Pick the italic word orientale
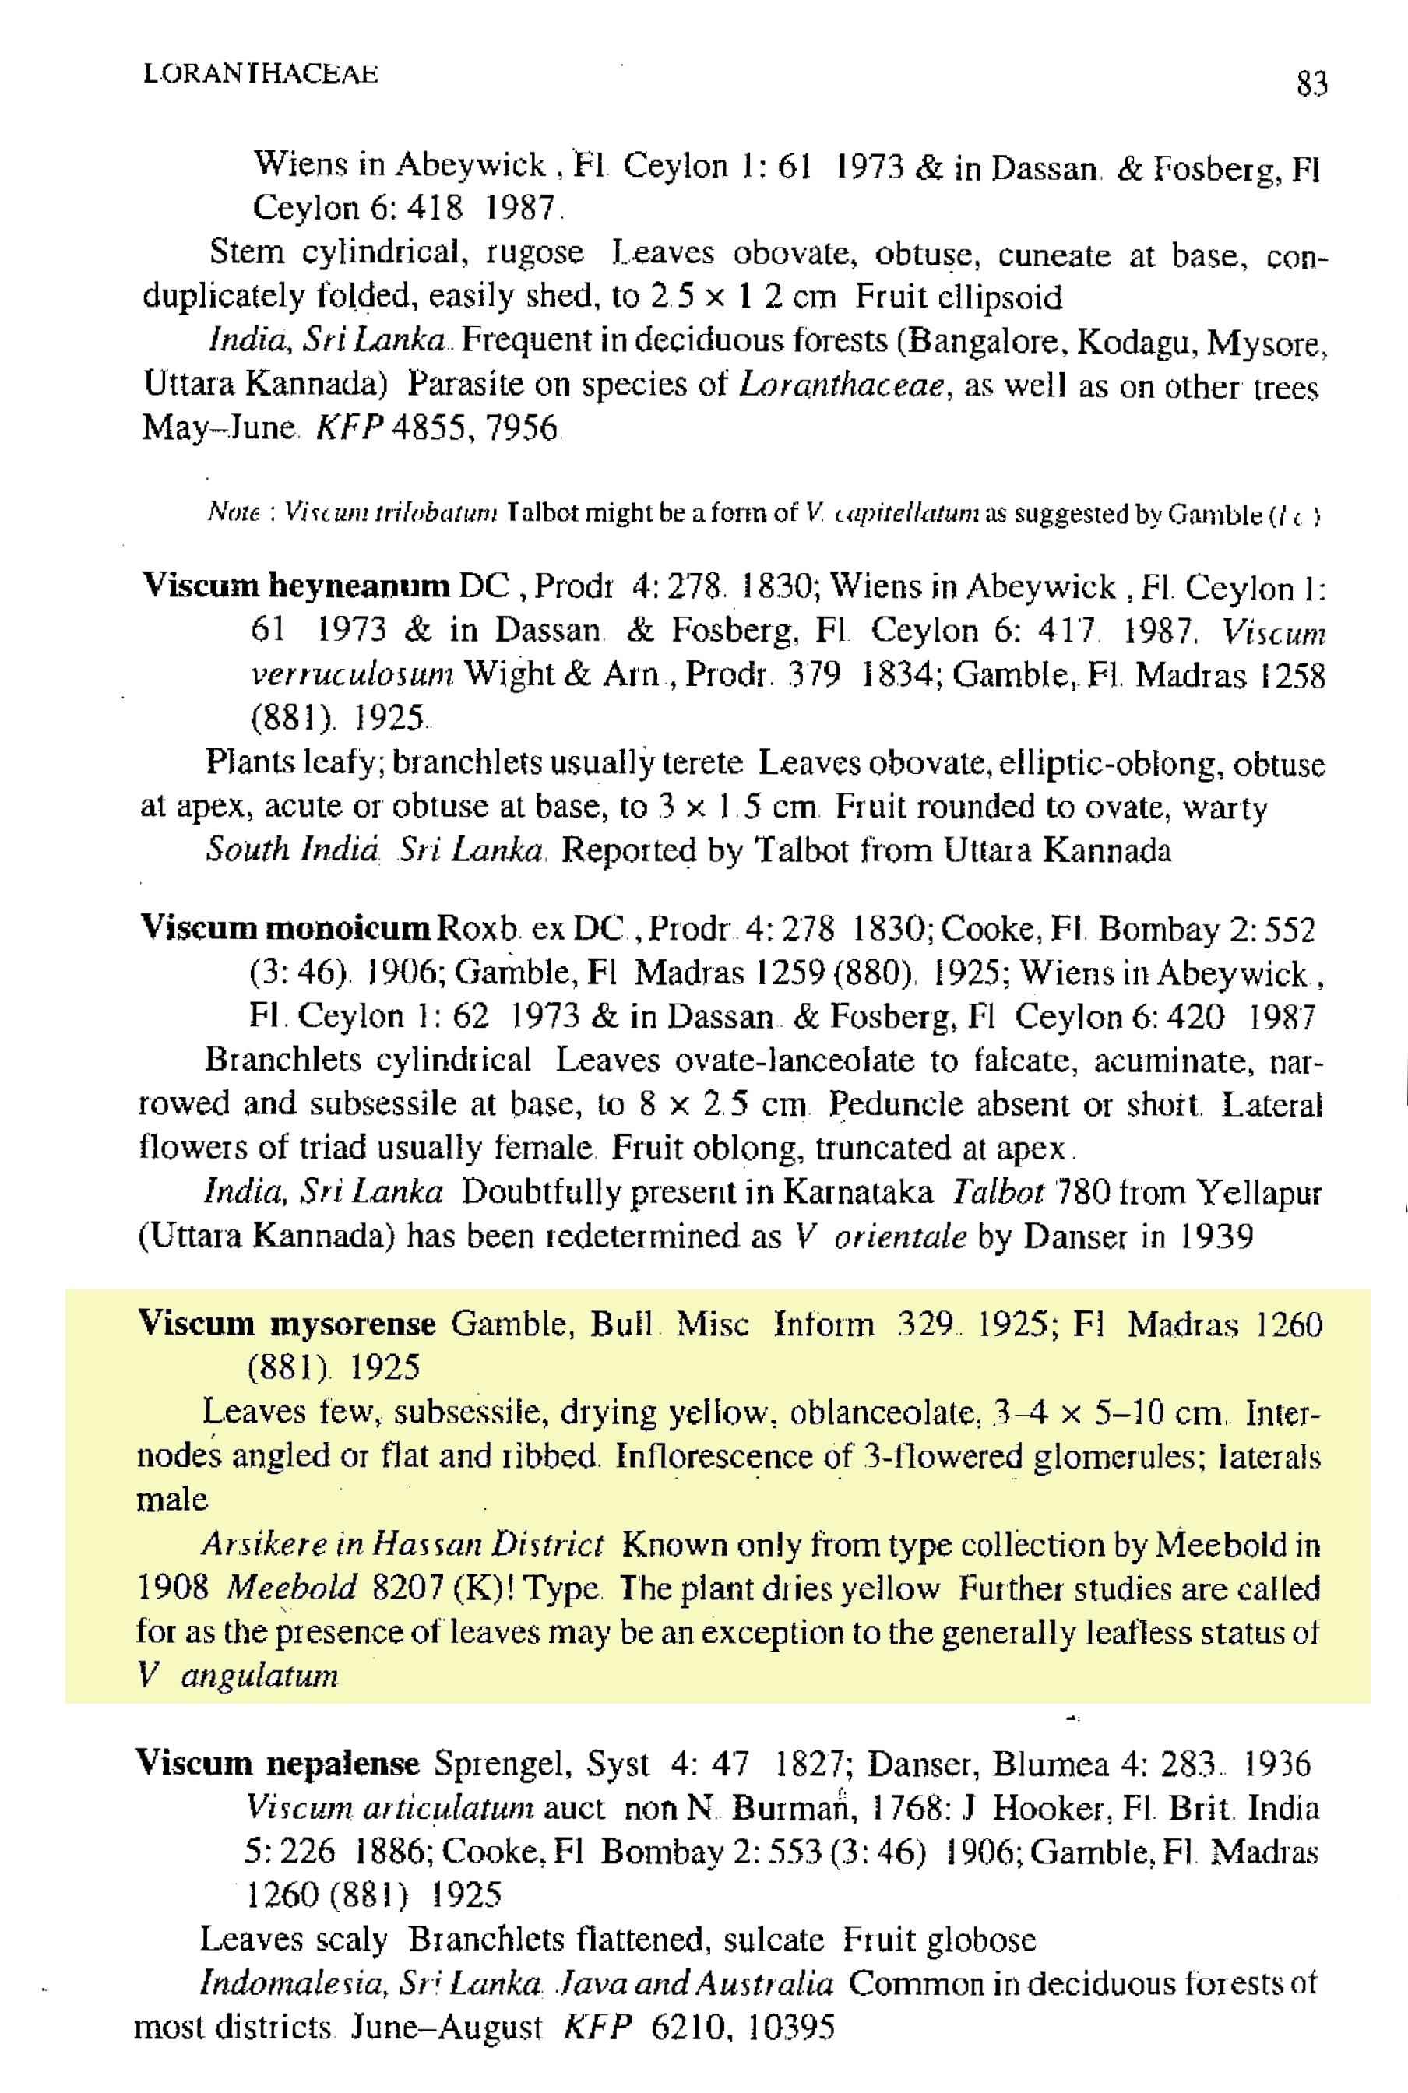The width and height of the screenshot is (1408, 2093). [x=899, y=1237]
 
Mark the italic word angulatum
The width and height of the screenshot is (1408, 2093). [x=259, y=1676]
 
